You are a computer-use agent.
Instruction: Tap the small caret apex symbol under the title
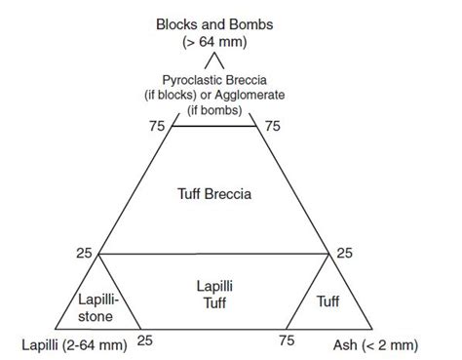pos(215,63)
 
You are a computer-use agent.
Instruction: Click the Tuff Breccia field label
pos(215,193)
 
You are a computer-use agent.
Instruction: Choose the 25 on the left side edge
pos(84,253)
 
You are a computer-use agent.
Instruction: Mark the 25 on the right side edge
pos(346,253)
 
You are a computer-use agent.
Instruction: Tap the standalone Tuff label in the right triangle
pos(327,301)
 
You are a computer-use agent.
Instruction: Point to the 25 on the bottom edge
pos(147,340)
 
